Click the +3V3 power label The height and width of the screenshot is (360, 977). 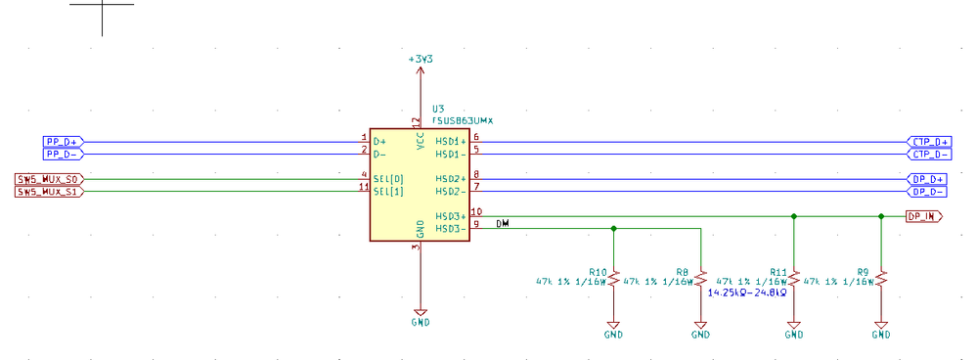(x=421, y=60)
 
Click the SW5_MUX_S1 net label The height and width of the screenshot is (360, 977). (x=50, y=192)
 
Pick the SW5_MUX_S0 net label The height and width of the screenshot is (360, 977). (x=50, y=179)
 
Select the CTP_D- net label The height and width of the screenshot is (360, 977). (x=928, y=154)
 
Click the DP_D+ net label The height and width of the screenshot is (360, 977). (x=926, y=179)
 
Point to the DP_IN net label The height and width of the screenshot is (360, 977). (x=923, y=216)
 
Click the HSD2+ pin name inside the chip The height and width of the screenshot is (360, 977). (x=450, y=179)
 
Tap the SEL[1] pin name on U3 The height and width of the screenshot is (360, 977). (x=388, y=192)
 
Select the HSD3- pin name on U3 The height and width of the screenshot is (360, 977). (x=450, y=229)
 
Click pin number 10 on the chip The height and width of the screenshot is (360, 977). (x=476, y=211)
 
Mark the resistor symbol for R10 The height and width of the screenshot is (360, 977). (x=613, y=280)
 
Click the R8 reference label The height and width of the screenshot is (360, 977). (x=682, y=271)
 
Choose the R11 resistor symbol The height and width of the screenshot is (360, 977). (x=794, y=280)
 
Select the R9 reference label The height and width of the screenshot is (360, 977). (x=863, y=271)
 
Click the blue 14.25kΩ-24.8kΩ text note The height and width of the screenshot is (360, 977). (x=748, y=292)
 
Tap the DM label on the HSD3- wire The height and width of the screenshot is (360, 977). (x=503, y=224)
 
